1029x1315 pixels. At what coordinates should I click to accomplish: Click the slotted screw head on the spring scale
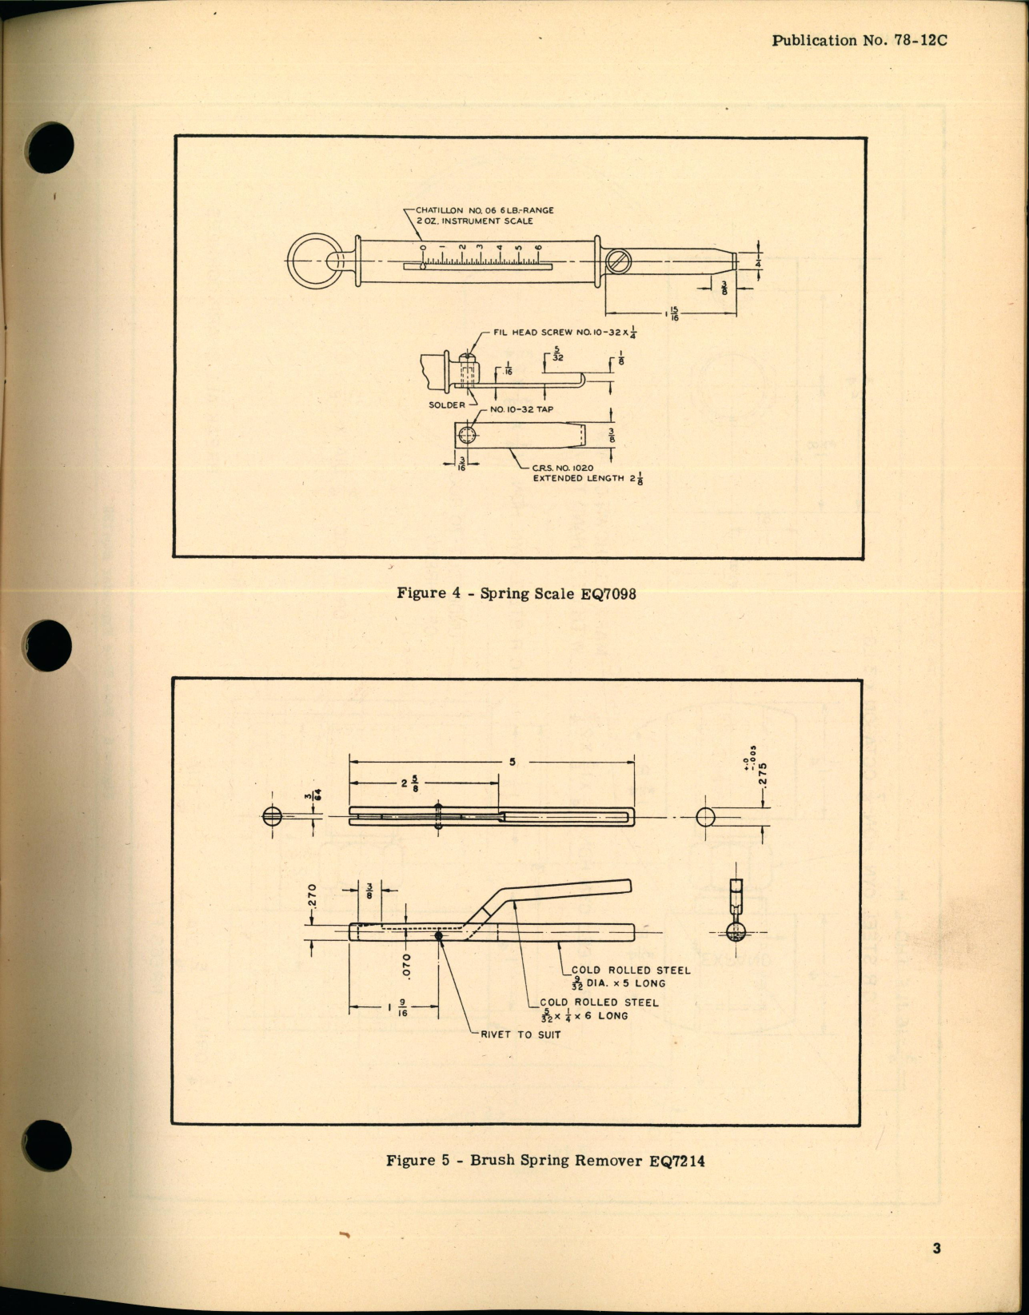point(618,261)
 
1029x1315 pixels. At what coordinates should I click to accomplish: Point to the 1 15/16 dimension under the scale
point(672,314)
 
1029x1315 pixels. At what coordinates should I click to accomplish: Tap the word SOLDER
point(446,405)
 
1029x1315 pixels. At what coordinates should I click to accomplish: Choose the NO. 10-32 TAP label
point(521,409)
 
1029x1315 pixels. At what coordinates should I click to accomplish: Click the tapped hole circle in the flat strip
point(468,436)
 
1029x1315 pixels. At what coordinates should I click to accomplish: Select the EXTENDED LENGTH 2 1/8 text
point(588,479)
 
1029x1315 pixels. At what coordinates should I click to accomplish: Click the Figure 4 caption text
point(516,593)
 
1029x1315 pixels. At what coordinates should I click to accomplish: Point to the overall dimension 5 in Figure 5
point(513,762)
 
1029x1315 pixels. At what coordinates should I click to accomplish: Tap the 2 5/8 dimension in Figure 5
point(409,783)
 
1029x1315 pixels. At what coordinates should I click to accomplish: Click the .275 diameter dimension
point(763,776)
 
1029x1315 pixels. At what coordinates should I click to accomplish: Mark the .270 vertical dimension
point(313,896)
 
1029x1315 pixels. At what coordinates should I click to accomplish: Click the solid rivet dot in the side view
point(438,935)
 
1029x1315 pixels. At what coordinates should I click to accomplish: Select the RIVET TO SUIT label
point(520,1034)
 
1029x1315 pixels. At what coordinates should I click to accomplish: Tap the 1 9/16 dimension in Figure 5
point(397,1007)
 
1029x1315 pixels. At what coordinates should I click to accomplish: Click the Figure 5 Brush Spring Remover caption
point(545,1161)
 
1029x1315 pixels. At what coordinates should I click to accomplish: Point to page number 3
point(936,1249)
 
